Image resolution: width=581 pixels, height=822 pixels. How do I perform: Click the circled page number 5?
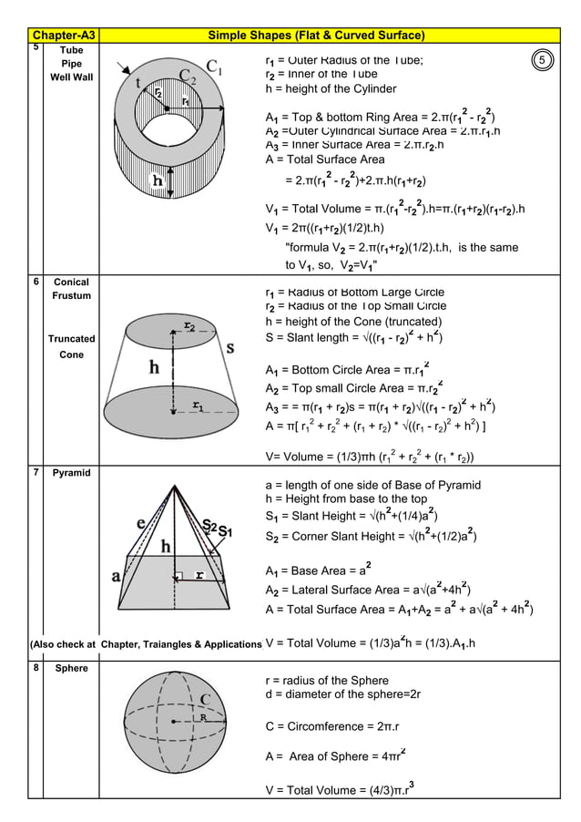541,60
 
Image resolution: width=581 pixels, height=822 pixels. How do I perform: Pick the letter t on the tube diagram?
138,82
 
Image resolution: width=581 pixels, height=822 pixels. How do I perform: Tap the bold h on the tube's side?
157,180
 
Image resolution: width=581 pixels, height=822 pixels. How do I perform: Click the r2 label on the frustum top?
189,324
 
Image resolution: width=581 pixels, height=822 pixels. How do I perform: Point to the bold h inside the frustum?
154,367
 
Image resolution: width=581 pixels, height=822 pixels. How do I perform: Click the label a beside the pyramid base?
116,576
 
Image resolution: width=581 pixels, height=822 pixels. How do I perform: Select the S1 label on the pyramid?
225,530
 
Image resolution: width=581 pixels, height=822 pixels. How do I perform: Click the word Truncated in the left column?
71,339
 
